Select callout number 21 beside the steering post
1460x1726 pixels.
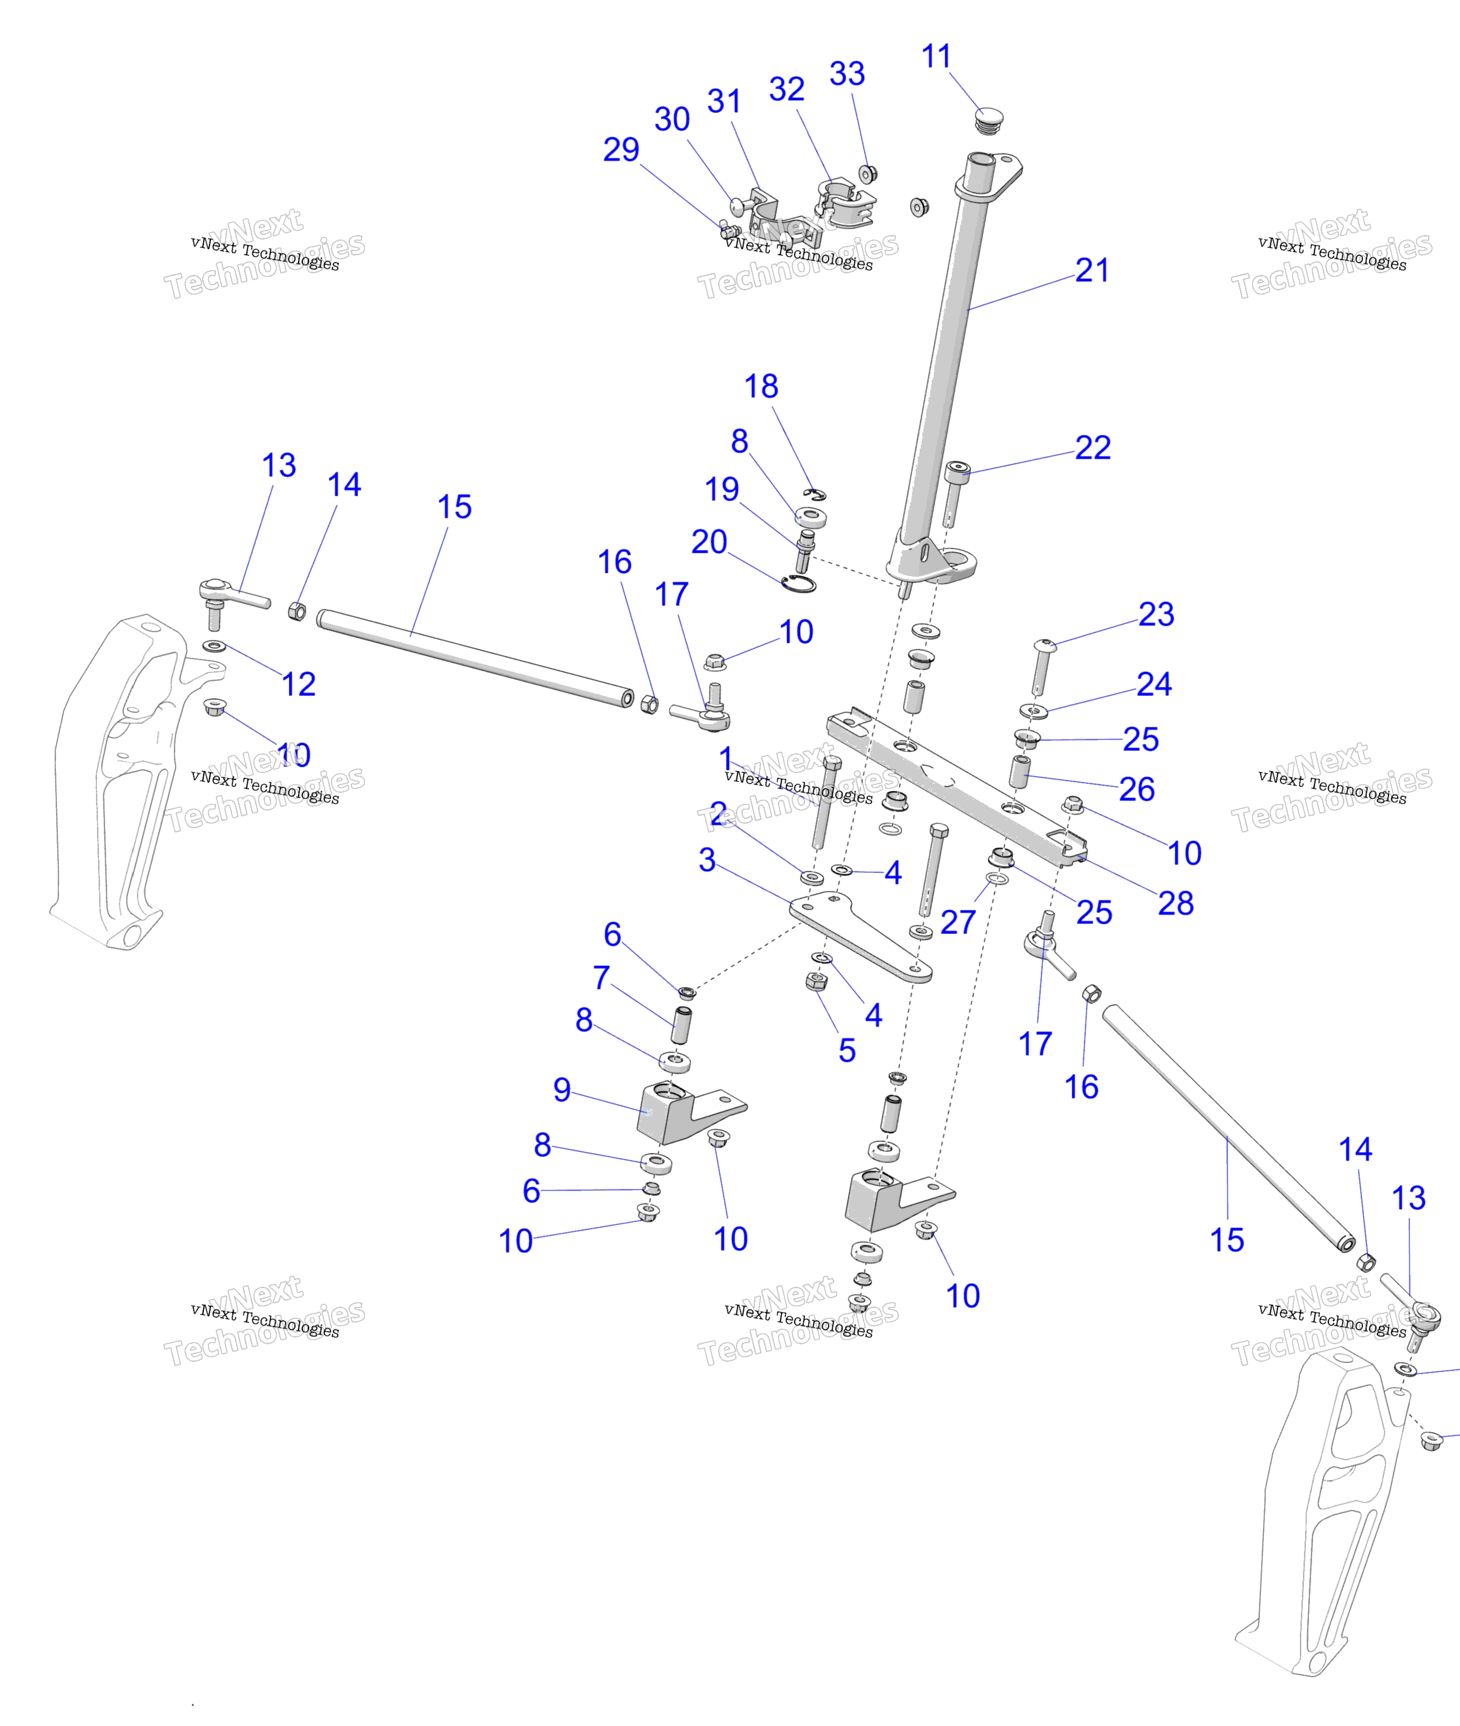(x=1092, y=271)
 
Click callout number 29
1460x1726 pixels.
(x=621, y=150)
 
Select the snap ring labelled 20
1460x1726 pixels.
(x=798, y=583)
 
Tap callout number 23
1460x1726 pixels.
(x=1156, y=614)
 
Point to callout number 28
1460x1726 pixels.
(x=1175, y=903)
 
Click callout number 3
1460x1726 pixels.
(x=707, y=859)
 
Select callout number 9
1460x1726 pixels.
(x=562, y=1090)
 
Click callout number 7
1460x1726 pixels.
(x=602, y=978)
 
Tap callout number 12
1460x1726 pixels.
(x=299, y=685)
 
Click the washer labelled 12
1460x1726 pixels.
(x=214, y=645)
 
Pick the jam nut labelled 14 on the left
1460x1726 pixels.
(x=297, y=612)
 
